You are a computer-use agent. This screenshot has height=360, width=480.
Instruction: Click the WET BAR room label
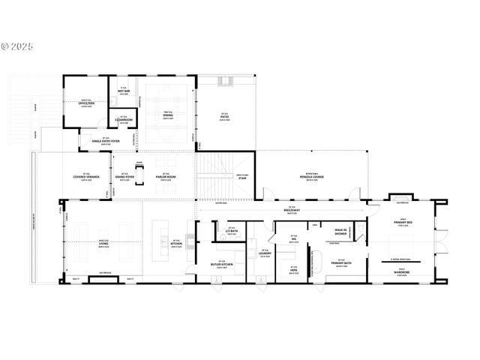point(124,90)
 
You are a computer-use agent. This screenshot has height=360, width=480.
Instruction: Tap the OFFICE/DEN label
point(86,103)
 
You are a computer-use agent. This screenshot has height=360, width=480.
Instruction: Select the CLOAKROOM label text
point(124,119)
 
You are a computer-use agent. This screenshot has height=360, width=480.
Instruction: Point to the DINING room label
point(168,115)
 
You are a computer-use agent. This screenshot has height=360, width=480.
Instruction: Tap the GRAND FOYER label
point(126,177)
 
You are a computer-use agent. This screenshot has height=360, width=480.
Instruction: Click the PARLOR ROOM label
point(166,177)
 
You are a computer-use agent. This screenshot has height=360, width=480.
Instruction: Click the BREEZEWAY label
point(292,211)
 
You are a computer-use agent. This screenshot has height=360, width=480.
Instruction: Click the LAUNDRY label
point(264,254)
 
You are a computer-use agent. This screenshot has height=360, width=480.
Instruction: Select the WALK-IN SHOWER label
point(340,232)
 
